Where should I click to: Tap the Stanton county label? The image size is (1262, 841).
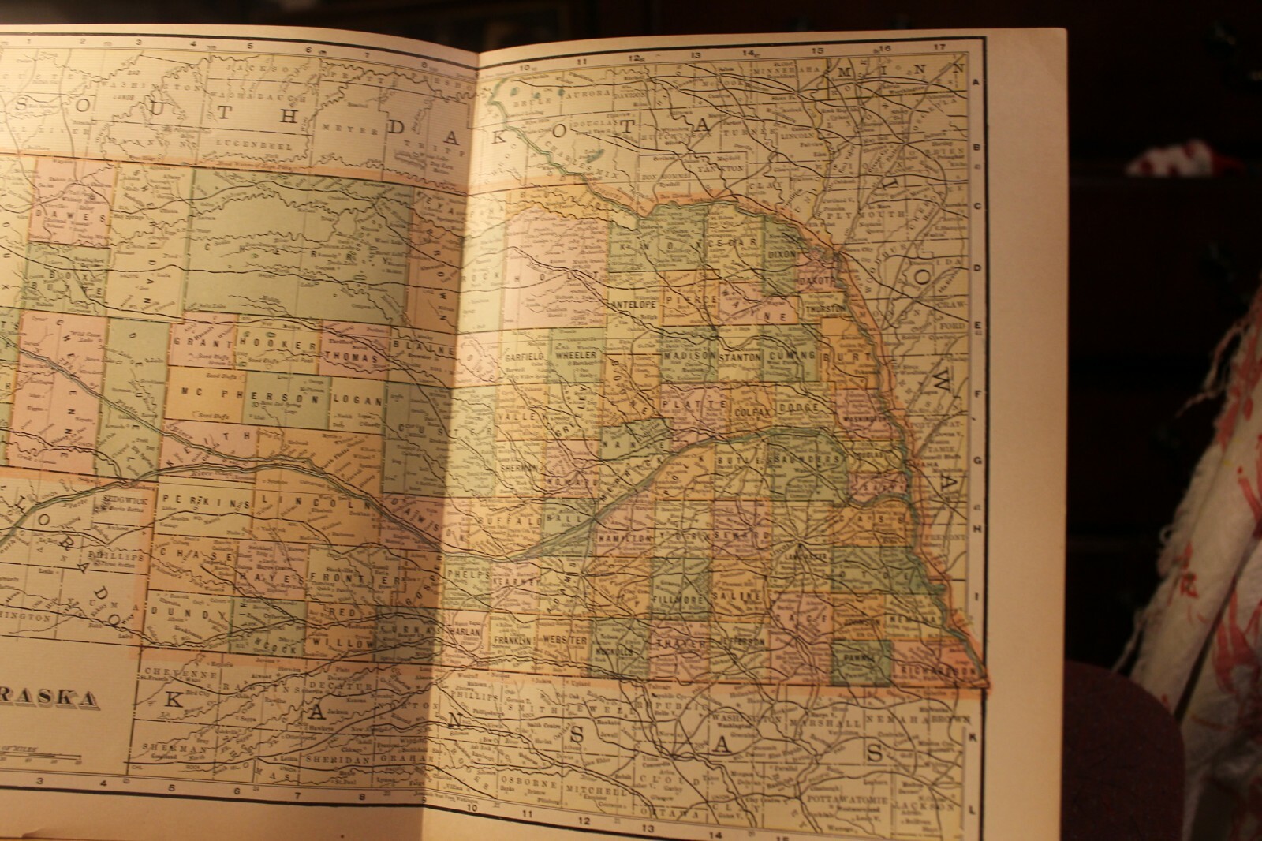[x=740, y=357]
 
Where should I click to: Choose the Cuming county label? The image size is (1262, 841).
[x=793, y=357]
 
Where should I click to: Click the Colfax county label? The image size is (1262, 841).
[x=750, y=411]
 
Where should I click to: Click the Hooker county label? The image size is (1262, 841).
[x=265, y=344]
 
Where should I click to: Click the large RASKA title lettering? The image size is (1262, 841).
[x=47, y=697]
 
